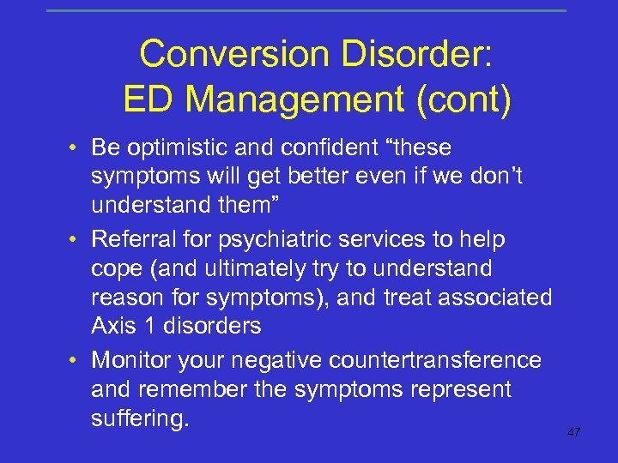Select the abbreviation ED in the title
[x=148, y=100]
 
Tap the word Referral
[x=133, y=239]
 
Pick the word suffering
[x=139, y=419]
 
